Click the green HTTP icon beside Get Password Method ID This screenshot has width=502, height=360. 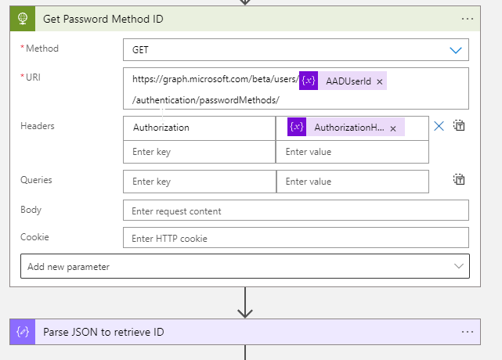pyautogui.click(x=23, y=18)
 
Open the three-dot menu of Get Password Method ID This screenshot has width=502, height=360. pyautogui.click(x=468, y=18)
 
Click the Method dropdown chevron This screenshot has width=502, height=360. pyautogui.click(x=456, y=49)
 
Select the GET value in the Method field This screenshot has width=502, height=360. pyautogui.click(x=141, y=49)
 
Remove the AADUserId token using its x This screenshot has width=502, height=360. pyautogui.click(x=380, y=81)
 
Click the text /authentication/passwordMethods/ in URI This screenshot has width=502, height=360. pyautogui.click(x=206, y=100)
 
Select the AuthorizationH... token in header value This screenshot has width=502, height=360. pyautogui.click(x=349, y=128)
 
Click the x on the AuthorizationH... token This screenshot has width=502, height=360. pyautogui.click(x=393, y=128)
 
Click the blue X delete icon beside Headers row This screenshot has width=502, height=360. pyautogui.click(x=439, y=126)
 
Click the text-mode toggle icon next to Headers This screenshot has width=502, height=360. pyautogui.click(x=460, y=126)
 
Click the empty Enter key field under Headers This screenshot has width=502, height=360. pyautogui.click(x=199, y=152)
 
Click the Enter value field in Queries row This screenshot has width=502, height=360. pyautogui.click(x=352, y=182)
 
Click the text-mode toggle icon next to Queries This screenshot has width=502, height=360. pyautogui.click(x=460, y=180)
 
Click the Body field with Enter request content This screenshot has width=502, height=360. pyautogui.click(x=295, y=211)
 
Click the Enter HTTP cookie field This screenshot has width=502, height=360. pyautogui.click(x=295, y=238)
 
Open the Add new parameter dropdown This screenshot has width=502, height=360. pyautogui.click(x=244, y=266)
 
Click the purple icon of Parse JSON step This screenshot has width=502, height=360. pyautogui.click(x=23, y=332)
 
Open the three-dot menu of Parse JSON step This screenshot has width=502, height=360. pyautogui.click(x=468, y=332)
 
